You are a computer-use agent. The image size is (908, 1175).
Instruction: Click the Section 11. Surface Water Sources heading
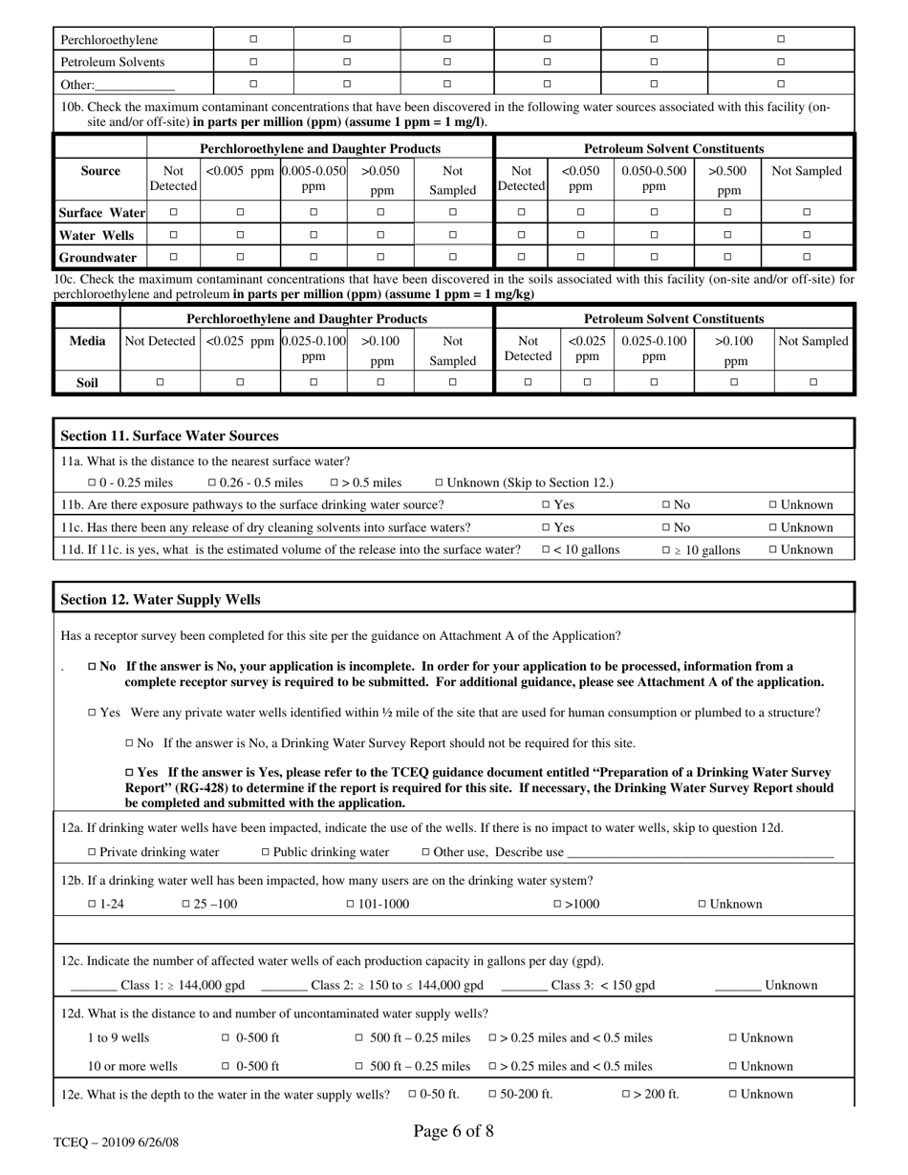pyautogui.click(x=169, y=436)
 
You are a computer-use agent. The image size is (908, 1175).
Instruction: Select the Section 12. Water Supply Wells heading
pyautogui.click(x=160, y=600)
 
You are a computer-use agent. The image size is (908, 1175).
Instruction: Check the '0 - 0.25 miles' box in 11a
pyautogui.click(x=92, y=483)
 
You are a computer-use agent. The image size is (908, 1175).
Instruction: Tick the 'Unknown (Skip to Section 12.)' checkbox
pyautogui.click(x=439, y=483)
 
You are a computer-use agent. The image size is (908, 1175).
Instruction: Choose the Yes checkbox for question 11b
pyautogui.click(x=546, y=505)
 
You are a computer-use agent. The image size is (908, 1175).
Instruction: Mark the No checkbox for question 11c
pyautogui.click(x=665, y=527)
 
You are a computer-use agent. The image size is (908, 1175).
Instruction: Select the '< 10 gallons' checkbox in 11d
pyautogui.click(x=546, y=550)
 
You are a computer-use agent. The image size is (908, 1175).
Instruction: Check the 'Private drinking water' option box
pyautogui.click(x=92, y=852)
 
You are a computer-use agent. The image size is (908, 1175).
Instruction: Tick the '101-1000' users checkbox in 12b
pyautogui.click(x=350, y=904)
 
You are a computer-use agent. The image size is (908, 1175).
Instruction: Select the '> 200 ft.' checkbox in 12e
pyautogui.click(x=626, y=1095)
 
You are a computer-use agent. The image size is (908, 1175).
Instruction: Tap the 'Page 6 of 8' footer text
pyautogui.click(x=453, y=1132)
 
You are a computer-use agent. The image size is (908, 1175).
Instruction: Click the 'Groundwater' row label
pyautogui.click(x=97, y=257)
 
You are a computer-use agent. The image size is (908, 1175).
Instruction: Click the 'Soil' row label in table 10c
pyautogui.click(x=87, y=383)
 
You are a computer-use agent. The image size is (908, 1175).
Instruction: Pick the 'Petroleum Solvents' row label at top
pyautogui.click(x=113, y=62)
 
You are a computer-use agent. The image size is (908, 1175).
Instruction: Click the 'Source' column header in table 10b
pyautogui.click(x=100, y=171)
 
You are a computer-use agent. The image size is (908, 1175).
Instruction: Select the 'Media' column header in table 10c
pyautogui.click(x=87, y=341)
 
